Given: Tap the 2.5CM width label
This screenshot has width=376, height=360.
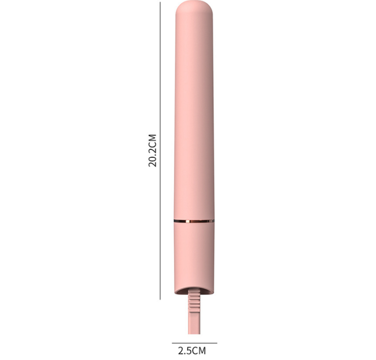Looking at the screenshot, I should (191, 350).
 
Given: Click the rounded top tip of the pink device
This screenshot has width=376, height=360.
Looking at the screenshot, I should (194, 8).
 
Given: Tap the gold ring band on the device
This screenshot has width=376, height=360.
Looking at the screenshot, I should (194, 220).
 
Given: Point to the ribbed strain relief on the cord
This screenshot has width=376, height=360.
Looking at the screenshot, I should (194, 304).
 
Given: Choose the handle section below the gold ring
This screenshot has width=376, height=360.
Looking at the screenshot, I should (194, 252).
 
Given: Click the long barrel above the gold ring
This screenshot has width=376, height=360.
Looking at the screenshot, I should (194, 117).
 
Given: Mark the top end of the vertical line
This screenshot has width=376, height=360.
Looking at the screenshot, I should (160, 2).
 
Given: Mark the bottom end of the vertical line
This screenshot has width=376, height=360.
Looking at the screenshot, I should (160, 299).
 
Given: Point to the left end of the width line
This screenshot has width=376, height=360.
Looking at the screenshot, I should (172, 343).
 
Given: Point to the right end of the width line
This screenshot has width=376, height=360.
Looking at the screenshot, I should (217, 343).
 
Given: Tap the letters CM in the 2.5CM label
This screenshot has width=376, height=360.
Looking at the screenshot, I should (199, 350).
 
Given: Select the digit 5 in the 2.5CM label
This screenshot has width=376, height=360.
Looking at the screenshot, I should (188, 350).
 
